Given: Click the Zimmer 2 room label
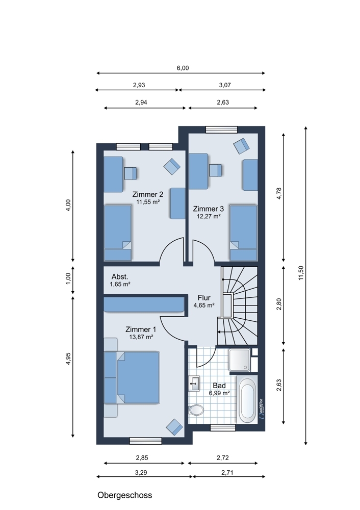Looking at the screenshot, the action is [x=148, y=194].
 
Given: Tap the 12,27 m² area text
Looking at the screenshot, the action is [x=209, y=216].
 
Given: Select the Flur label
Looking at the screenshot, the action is [x=204, y=298].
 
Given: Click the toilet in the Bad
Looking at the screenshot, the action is [x=196, y=410].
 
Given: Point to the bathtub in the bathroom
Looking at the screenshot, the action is [x=247, y=399].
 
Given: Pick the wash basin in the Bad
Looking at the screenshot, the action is [x=194, y=383].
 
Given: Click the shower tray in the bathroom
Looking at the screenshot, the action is [x=239, y=360].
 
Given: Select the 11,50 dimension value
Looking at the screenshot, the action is [x=301, y=272].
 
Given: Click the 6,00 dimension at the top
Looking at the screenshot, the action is [x=183, y=68].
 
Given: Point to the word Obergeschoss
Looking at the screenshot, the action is [x=125, y=495].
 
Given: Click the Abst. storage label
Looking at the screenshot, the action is [x=120, y=277].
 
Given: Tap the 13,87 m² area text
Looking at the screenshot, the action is [x=141, y=337].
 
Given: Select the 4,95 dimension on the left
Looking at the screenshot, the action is [x=68, y=359].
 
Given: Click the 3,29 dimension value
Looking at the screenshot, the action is [x=141, y=473].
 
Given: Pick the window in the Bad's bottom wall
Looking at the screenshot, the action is [x=223, y=427].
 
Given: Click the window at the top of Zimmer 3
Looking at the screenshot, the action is [x=221, y=130].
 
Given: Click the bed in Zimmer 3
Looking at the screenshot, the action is [x=244, y=233].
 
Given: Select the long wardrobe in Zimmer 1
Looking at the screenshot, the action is [x=144, y=304].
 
